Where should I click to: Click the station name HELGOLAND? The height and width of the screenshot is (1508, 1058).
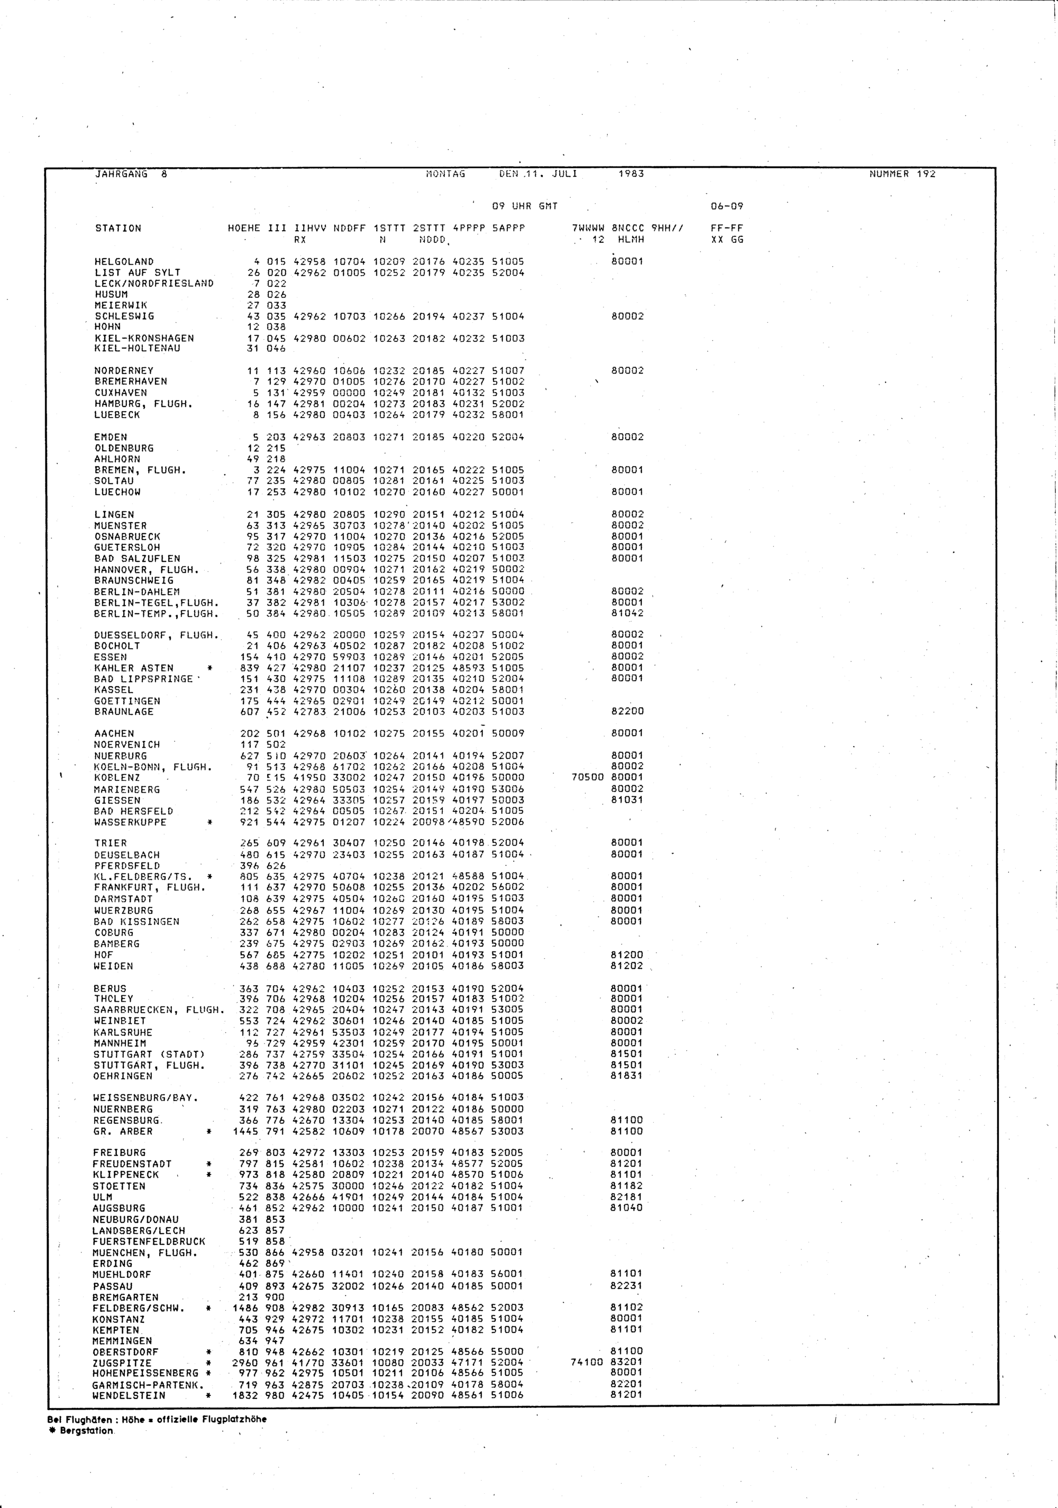coord(124,261)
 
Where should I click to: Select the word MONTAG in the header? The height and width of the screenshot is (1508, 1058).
coord(446,174)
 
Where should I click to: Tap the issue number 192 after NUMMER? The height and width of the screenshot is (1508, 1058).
coord(925,174)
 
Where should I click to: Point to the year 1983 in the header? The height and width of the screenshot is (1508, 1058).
coord(631,174)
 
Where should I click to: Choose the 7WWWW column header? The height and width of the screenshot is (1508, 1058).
coord(588,229)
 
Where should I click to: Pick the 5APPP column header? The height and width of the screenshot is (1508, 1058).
coord(508,229)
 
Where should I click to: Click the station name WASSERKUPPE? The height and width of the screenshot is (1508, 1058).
coord(131,822)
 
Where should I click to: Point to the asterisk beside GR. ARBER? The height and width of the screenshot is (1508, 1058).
coord(209,1132)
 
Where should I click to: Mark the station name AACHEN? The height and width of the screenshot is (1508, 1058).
coord(114,734)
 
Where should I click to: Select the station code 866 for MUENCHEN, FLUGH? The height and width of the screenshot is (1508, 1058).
coord(276,1252)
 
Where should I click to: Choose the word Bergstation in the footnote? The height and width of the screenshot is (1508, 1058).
coord(87,1431)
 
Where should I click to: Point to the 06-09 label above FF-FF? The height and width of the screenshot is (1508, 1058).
coord(727,206)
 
